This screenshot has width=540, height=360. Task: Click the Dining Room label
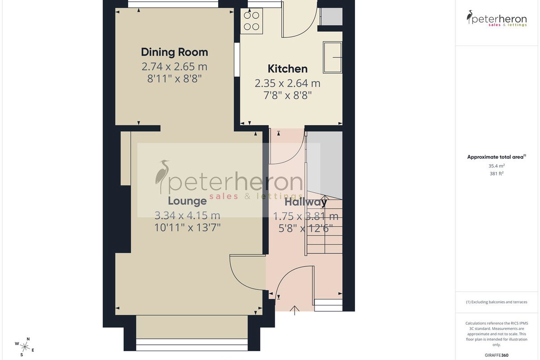point(174,52)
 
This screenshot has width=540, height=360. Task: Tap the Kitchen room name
point(288,69)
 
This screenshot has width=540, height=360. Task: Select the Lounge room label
point(187,201)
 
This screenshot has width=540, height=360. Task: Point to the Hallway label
point(306,202)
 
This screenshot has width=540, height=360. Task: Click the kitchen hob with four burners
point(252,21)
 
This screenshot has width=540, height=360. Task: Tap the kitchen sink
point(333,58)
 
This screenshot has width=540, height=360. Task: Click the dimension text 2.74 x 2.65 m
point(174,67)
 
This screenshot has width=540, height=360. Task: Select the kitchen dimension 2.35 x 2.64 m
point(288,83)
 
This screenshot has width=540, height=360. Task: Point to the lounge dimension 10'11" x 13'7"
point(187,228)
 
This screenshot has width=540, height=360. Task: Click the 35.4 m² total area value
point(497,166)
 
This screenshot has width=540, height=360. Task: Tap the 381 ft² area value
point(497,173)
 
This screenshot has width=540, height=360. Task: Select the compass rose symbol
point(25,347)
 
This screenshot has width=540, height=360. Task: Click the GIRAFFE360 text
point(497,355)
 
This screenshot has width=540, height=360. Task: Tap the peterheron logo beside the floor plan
point(497,18)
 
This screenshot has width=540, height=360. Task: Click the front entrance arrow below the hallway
point(294,310)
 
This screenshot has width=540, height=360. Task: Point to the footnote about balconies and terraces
point(497,302)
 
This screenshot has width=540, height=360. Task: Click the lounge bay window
point(192,345)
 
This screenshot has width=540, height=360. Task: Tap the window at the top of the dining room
point(173,4)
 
